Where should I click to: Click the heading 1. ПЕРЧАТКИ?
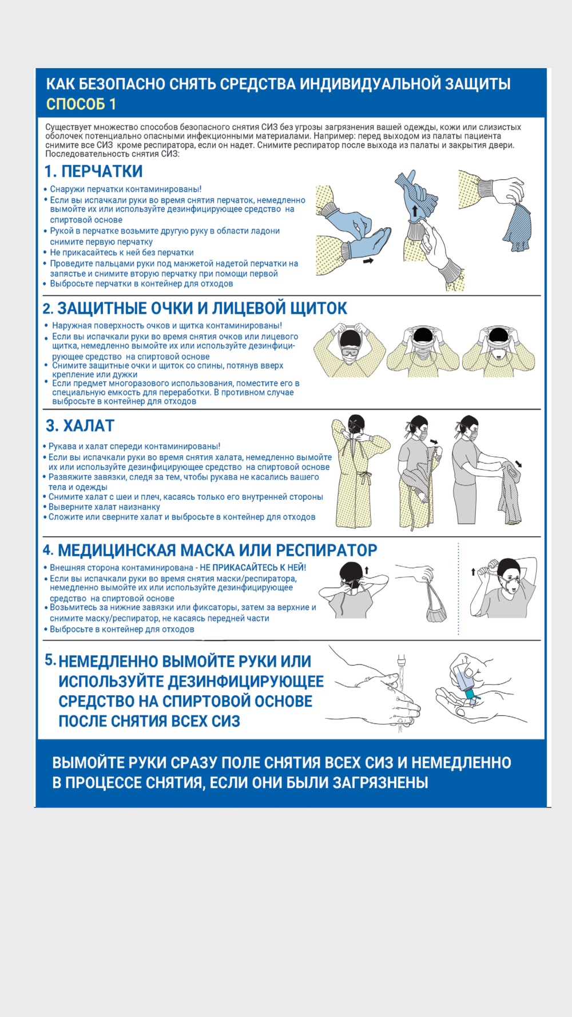tap(94, 172)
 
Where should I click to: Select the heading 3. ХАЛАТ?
tap(80, 426)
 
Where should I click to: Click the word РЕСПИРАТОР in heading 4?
tap(326, 551)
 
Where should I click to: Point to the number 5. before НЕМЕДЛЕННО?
tap(50, 660)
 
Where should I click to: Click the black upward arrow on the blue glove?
tap(415, 210)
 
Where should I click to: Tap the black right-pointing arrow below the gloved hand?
tap(368, 260)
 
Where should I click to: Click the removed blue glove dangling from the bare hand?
tap(518, 226)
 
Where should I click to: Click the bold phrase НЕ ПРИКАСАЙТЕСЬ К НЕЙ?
tap(253, 568)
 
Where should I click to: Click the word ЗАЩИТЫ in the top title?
tap(476, 84)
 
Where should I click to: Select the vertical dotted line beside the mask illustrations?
tap(458, 589)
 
